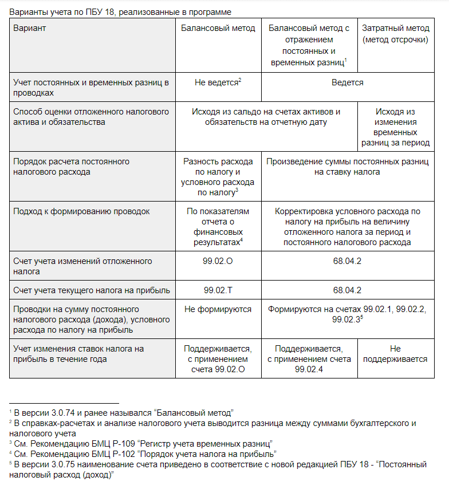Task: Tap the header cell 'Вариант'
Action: coord(30,28)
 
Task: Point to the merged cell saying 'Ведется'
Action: coord(347,82)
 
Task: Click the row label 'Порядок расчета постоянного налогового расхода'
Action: coord(71,167)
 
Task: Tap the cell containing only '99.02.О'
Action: coord(218,261)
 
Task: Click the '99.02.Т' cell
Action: coord(218,290)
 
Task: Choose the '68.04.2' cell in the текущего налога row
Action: coord(347,290)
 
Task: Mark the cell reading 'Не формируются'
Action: coord(218,309)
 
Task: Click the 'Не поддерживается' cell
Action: coord(395,354)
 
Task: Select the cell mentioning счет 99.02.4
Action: coord(309,359)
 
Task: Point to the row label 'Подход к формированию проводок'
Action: coord(81,211)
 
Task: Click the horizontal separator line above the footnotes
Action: coord(64,403)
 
